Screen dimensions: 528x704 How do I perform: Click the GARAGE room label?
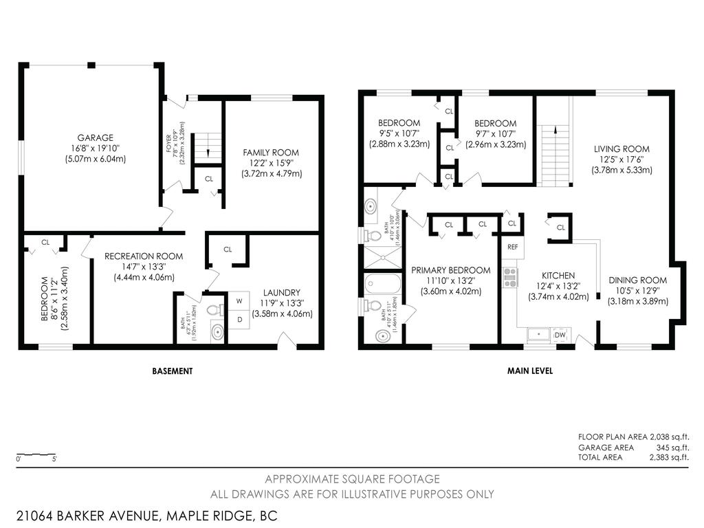tap(96, 137)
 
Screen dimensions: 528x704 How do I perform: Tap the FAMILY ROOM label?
tap(271, 153)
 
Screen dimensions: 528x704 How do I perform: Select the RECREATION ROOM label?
tap(144, 256)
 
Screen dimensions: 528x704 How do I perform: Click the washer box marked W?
tap(239, 300)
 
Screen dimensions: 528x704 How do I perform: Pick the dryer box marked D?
tap(239, 319)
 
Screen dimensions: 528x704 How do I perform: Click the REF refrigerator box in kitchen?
tap(512, 246)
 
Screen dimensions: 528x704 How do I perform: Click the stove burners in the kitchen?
tap(510, 277)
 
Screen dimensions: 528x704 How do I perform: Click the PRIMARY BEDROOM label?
tap(450, 270)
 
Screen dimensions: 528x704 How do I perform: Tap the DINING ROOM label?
tap(637, 280)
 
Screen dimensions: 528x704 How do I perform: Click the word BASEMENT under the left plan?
tap(172, 371)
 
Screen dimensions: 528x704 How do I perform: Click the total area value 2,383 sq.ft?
tap(669, 456)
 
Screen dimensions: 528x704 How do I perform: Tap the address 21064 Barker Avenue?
tap(146, 515)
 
